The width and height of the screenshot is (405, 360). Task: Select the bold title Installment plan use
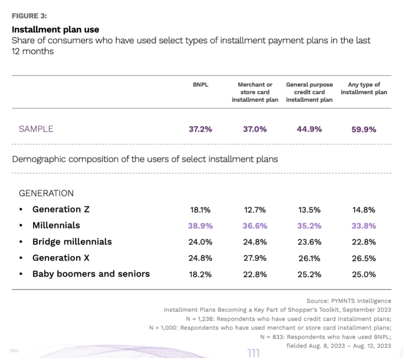pyautogui.click(x=55, y=29)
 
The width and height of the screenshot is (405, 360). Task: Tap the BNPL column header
pyautogui.click(x=200, y=85)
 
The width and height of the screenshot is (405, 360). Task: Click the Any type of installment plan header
pyautogui.click(x=364, y=89)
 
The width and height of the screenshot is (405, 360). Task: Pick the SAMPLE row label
pyautogui.click(x=36, y=129)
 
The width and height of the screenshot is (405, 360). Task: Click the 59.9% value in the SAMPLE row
pyautogui.click(x=364, y=129)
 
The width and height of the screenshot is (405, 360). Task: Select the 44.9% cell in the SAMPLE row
pyautogui.click(x=309, y=129)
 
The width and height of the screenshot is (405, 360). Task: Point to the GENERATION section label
pyautogui.click(x=46, y=193)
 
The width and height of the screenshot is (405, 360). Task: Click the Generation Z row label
pyautogui.click(x=62, y=209)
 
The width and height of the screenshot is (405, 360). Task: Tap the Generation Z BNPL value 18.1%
pyautogui.click(x=200, y=210)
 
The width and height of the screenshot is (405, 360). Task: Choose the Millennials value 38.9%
pyautogui.click(x=200, y=226)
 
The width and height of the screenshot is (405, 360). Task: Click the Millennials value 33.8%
pyautogui.click(x=364, y=226)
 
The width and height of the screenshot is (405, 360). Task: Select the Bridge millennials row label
pyautogui.click(x=72, y=242)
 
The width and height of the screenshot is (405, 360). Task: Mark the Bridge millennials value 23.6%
pyautogui.click(x=309, y=242)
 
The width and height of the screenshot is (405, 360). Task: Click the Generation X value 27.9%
pyautogui.click(x=255, y=259)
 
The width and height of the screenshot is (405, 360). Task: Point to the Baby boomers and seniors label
pyautogui.click(x=91, y=274)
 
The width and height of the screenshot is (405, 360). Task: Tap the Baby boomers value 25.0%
pyautogui.click(x=364, y=274)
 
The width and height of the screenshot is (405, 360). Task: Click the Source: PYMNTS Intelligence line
pyautogui.click(x=349, y=301)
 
